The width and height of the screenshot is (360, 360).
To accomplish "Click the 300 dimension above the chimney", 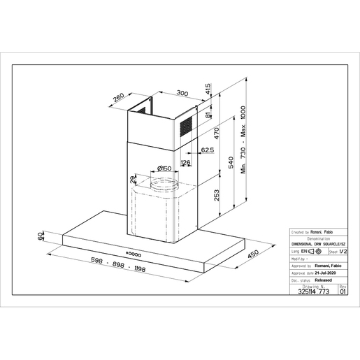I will click(x=182, y=93).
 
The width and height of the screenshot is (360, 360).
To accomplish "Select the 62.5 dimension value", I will click(x=207, y=150).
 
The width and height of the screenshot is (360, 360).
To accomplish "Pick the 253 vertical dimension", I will click(x=216, y=194).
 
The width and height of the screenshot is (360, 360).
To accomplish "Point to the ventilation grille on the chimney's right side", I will click(x=187, y=127).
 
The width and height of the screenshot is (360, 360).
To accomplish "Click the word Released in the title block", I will click(x=324, y=278).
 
